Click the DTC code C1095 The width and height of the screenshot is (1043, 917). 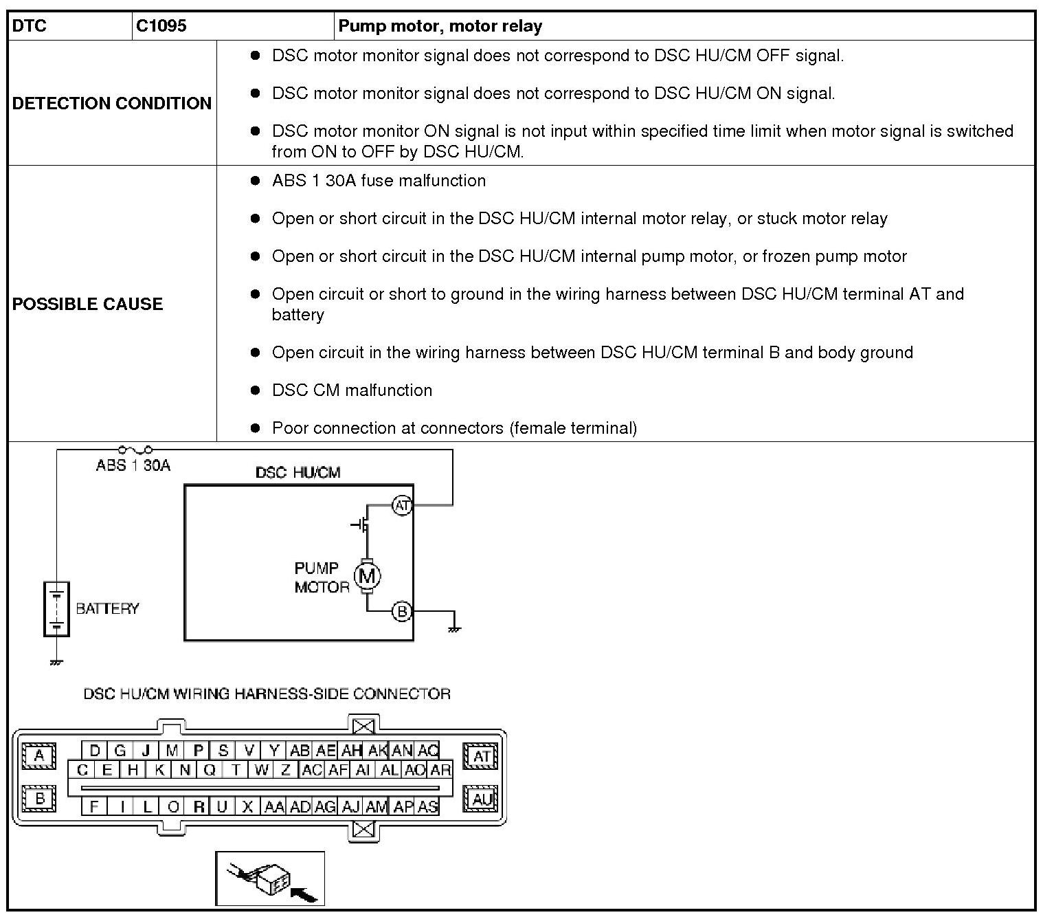click(x=161, y=27)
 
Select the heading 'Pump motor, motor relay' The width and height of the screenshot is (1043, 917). click(x=440, y=27)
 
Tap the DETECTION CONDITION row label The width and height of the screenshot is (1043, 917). click(x=112, y=103)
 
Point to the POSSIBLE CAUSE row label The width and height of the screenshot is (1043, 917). click(x=88, y=304)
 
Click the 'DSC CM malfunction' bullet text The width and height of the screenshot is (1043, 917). click(x=352, y=390)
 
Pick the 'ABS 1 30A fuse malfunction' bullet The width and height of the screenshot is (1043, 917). click(x=379, y=181)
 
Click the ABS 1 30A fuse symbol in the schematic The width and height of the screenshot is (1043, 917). click(x=135, y=450)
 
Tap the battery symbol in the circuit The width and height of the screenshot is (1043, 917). click(x=56, y=609)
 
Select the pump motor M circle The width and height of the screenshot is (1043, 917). click(x=367, y=576)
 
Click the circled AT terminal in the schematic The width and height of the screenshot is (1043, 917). click(x=402, y=506)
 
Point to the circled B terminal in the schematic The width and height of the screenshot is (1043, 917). click(x=402, y=611)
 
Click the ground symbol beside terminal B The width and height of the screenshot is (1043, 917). click(x=454, y=628)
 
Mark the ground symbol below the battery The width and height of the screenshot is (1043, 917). click(x=56, y=662)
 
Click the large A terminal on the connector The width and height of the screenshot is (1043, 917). click(x=39, y=755)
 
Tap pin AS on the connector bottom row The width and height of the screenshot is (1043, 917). click(x=427, y=806)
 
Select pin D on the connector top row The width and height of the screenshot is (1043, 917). click(x=95, y=750)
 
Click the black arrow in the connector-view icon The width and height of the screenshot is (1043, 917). click(x=305, y=893)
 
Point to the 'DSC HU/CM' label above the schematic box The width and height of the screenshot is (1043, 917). click(x=298, y=473)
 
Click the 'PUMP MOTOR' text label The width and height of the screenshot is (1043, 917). click(x=320, y=577)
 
